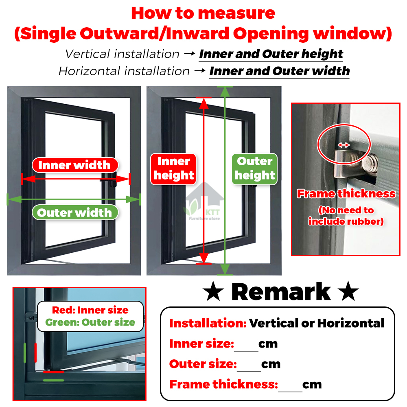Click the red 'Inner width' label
point(74,165)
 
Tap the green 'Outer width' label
point(74,212)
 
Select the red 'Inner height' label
point(174,168)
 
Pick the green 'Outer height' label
point(255,168)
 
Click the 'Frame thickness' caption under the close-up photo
point(346,194)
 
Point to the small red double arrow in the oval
point(344,145)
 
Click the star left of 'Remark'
point(212,292)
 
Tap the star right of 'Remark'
point(348,292)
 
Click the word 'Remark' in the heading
point(281,292)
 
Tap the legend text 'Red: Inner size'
point(90,310)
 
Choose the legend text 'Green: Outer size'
point(90,323)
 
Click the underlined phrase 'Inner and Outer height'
point(271,54)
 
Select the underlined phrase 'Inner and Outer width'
point(279,71)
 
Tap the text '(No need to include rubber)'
point(346,216)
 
